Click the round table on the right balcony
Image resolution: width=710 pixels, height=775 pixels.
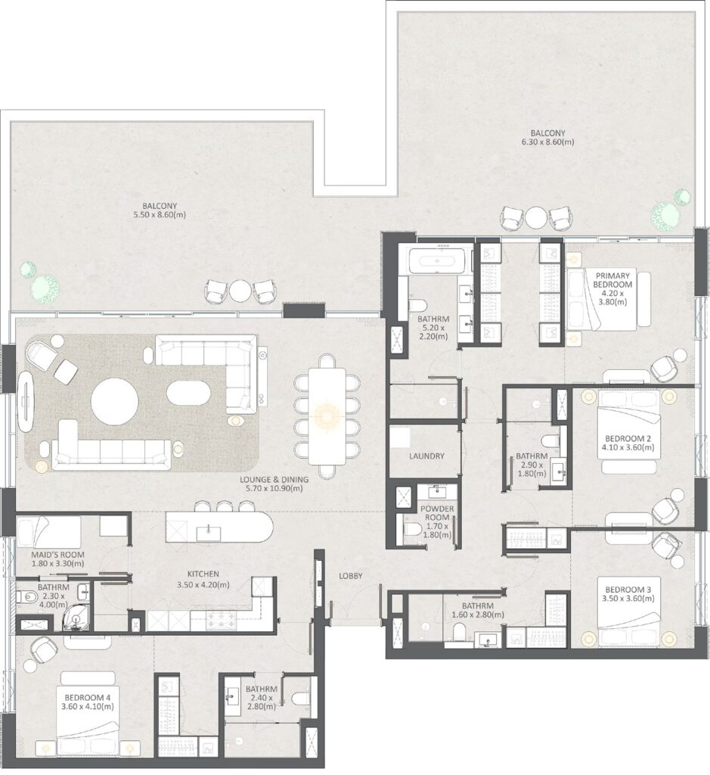tap(535, 218)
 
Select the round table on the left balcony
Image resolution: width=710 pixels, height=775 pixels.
tap(240, 291)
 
